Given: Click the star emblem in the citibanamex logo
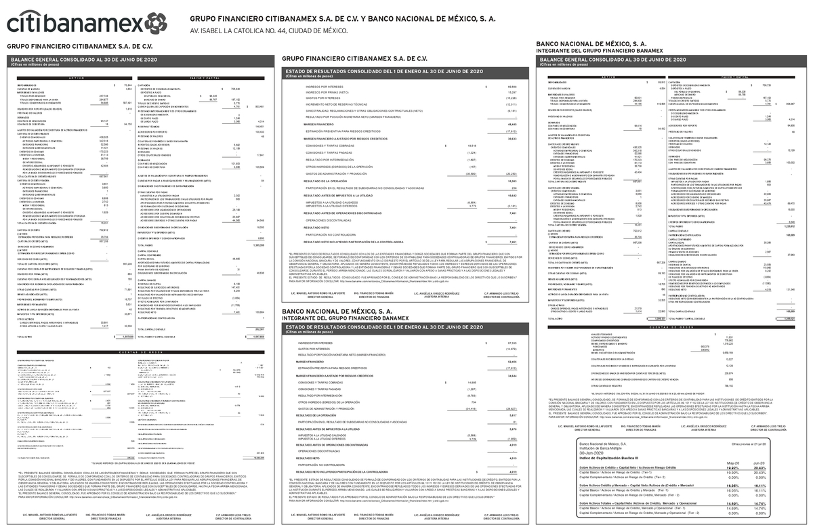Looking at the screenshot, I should [155, 24].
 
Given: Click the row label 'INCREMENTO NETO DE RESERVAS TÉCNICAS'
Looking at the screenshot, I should [337, 104].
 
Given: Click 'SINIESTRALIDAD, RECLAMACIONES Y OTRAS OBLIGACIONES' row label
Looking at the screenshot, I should [360, 111].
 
